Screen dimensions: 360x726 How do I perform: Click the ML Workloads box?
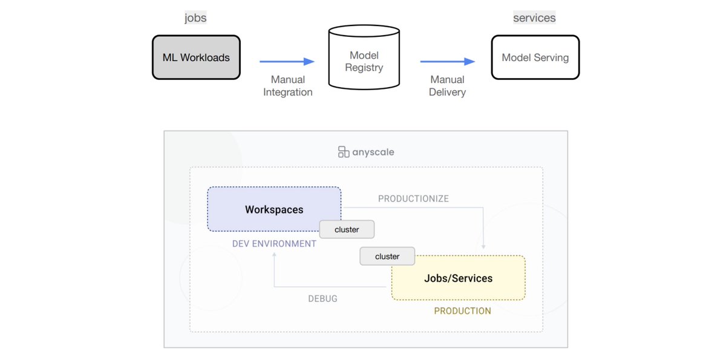pyautogui.click(x=196, y=57)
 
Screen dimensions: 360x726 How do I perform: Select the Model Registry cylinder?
pyautogui.click(x=364, y=57)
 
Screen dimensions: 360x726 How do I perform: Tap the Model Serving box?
pyautogui.click(x=535, y=57)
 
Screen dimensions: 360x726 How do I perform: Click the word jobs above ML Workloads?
pyautogui.click(x=195, y=18)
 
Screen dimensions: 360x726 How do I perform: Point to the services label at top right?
pyautogui.click(x=534, y=18)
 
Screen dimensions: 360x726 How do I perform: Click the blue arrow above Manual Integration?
pyautogui.click(x=287, y=61)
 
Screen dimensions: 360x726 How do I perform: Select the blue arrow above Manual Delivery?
pyautogui.click(x=447, y=61)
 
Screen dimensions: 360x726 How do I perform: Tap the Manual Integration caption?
pyautogui.click(x=287, y=86)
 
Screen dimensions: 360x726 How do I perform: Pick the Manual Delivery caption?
pyautogui.click(x=447, y=86)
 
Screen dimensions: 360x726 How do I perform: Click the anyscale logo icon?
pyautogui.click(x=344, y=152)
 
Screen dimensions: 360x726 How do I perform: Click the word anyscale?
pyautogui.click(x=373, y=152)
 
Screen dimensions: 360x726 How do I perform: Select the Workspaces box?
pyautogui.click(x=274, y=209)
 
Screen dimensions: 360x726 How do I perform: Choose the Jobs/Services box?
pyautogui.click(x=458, y=278)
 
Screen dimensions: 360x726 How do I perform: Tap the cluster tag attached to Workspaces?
pyautogui.click(x=347, y=229)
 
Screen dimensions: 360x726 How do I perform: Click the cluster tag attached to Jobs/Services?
pyautogui.click(x=387, y=257)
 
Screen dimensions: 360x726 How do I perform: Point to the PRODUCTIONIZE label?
pyautogui.click(x=413, y=199)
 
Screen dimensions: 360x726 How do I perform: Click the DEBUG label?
pyautogui.click(x=322, y=299)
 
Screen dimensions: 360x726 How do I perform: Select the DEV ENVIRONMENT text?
pyautogui.click(x=274, y=244)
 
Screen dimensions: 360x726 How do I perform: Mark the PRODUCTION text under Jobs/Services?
pyautogui.click(x=462, y=311)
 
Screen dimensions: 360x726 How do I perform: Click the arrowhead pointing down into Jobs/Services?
pyautogui.click(x=483, y=246)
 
